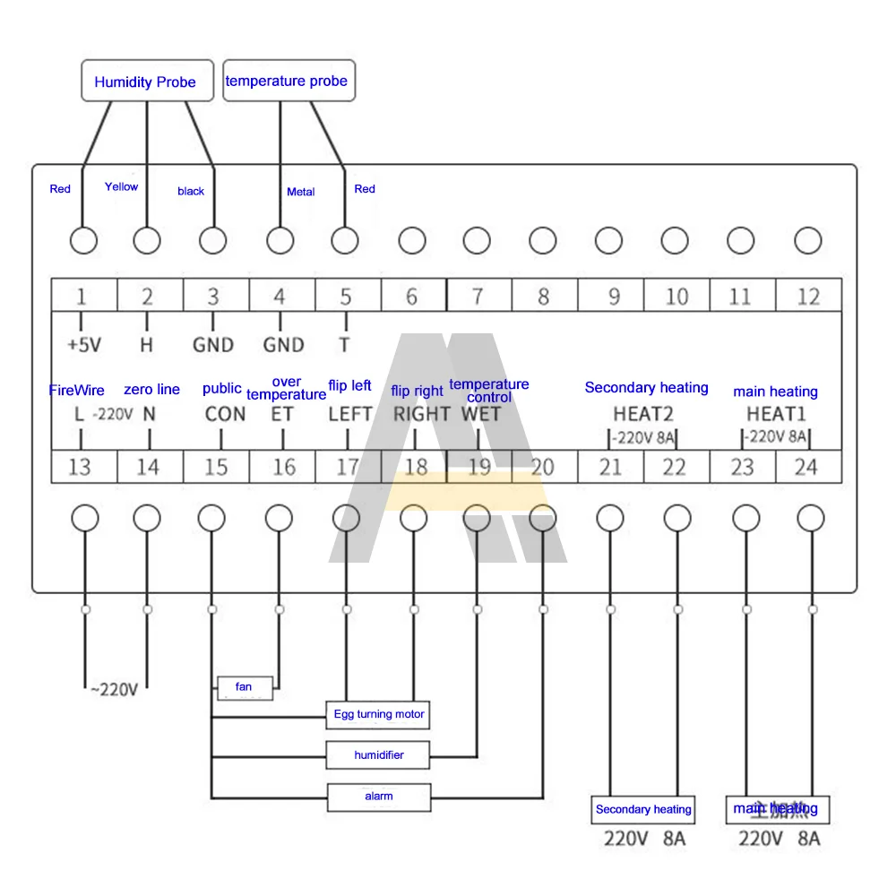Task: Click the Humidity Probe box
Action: pos(145,82)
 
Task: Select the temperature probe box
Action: pos(287,81)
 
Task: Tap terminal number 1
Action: pos(82,296)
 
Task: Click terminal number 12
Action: pos(808,296)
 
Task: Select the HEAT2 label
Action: pos(643,414)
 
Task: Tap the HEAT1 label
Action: pos(776,414)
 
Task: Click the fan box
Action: pos(244,687)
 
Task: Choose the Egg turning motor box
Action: pos(378,714)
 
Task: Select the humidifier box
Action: pos(378,755)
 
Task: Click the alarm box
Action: pos(378,796)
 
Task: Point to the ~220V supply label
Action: pos(113,689)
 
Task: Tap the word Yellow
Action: pos(121,186)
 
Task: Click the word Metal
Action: pos(300,192)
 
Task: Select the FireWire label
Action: pos(76,390)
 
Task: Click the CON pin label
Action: pos(225,414)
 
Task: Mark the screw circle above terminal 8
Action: pos(543,240)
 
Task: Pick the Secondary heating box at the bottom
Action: pos(643,809)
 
